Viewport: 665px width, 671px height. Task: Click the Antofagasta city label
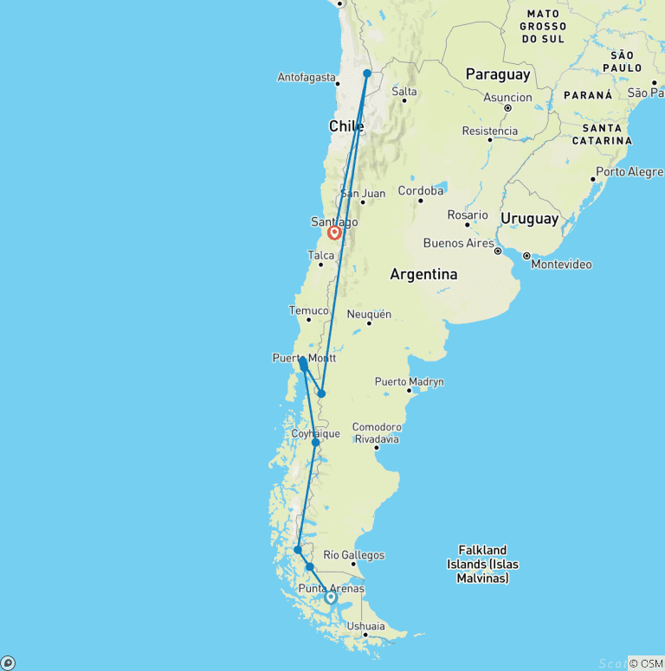[307, 78]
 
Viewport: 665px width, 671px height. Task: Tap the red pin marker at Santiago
[334, 233]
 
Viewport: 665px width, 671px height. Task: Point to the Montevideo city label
[562, 264]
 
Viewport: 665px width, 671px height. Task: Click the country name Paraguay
[498, 75]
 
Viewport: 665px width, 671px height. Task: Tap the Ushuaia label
[365, 626]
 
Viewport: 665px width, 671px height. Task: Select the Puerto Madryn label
[409, 381]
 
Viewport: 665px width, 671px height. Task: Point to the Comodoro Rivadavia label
[377, 432]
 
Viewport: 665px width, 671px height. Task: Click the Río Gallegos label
[353, 555]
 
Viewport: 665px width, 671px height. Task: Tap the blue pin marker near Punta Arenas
[331, 597]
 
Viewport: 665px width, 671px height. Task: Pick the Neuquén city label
[369, 314]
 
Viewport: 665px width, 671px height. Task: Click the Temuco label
[309, 310]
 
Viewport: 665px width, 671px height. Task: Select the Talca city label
[320, 255]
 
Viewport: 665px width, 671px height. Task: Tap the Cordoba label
[422, 191]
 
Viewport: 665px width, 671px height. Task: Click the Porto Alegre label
[629, 172]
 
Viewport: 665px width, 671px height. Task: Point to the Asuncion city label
[507, 97]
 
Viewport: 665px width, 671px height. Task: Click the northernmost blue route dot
[367, 73]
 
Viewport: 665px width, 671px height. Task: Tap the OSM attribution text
[645, 663]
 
